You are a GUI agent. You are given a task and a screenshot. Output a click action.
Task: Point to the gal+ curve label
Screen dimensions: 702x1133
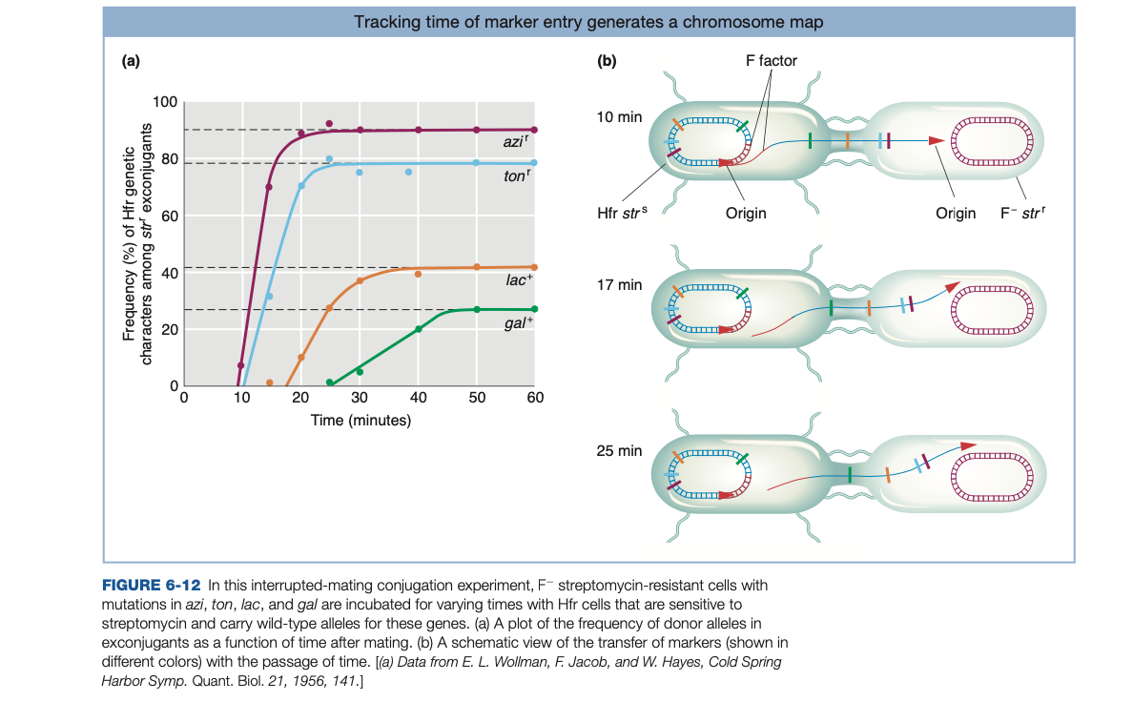(518, 322)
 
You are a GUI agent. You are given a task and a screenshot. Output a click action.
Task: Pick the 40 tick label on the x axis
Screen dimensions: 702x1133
(418, 398)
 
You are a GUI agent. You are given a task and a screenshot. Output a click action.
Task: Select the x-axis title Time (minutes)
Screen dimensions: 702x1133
(360, 420)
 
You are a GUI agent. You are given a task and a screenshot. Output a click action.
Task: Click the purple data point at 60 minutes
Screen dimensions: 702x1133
(534, 130)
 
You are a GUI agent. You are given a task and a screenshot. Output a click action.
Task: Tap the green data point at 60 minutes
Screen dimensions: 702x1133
(534, 309)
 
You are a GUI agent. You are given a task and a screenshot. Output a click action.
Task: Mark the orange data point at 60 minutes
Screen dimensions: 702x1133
(534, 267)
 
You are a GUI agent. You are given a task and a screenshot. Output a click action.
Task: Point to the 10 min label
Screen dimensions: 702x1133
(619, 116)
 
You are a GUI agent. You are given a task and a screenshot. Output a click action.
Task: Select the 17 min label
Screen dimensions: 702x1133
(619, 284)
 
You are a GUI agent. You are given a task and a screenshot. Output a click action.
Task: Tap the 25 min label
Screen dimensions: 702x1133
(619, 450)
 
